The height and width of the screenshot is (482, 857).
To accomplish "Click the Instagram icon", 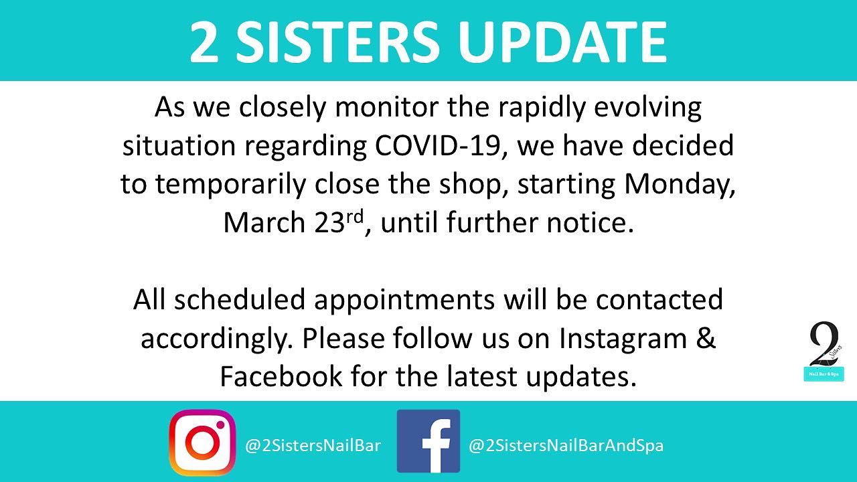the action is point(202,443).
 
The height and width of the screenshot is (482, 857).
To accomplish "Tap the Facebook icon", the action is point(428,441).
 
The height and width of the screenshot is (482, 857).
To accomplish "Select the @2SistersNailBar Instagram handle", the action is point(313,446).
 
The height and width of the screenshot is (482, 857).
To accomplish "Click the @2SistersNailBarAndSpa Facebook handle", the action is point(566,446).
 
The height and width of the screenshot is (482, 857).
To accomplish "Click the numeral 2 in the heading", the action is point(204,42).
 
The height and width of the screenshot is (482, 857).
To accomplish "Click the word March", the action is point(264,222).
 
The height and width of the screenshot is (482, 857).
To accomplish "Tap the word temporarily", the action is point(230,184).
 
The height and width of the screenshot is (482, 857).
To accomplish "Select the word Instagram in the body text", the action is point(623,339).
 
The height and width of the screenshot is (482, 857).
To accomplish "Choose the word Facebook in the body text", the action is point(281,376).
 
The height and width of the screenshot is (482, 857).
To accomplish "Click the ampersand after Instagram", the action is point(706,337).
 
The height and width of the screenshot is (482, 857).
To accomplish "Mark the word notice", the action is point(591,222).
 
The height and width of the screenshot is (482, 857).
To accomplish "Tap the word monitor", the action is point(386,107).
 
